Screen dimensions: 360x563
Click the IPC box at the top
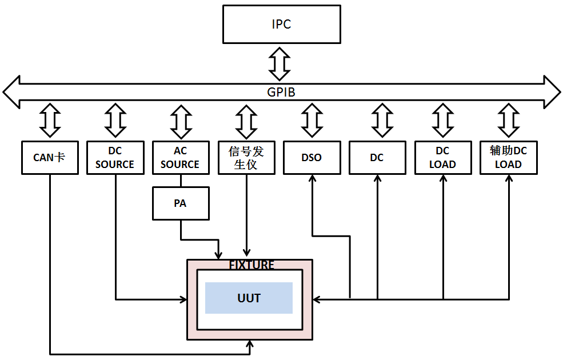click(x=281, y=25)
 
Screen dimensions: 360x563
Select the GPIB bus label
click(x=281, y=92)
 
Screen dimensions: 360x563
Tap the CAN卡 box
click(x=50, y=157)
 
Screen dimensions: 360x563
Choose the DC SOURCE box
click(x=115, y=157)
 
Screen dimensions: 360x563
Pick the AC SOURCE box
click(x=180, y=157)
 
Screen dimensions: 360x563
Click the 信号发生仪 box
click(x=246, y=157)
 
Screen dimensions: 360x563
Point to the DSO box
click(x=312, y=157)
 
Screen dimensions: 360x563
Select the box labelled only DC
click(x=377, y=157)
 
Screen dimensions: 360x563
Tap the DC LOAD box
click(x=442, y=157)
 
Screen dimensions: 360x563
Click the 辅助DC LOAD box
click(x=508, y=157)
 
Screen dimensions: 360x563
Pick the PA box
click(x=180, y=203)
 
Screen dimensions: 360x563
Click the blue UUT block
click(x=249, y=298)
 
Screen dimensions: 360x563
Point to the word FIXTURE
click(x=251, y=265)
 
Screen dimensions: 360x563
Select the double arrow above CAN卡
click(x=50, y=121)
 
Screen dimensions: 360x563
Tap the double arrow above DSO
click(x=312, y=121)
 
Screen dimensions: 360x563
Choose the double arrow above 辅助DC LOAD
click(x=508, y=121)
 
